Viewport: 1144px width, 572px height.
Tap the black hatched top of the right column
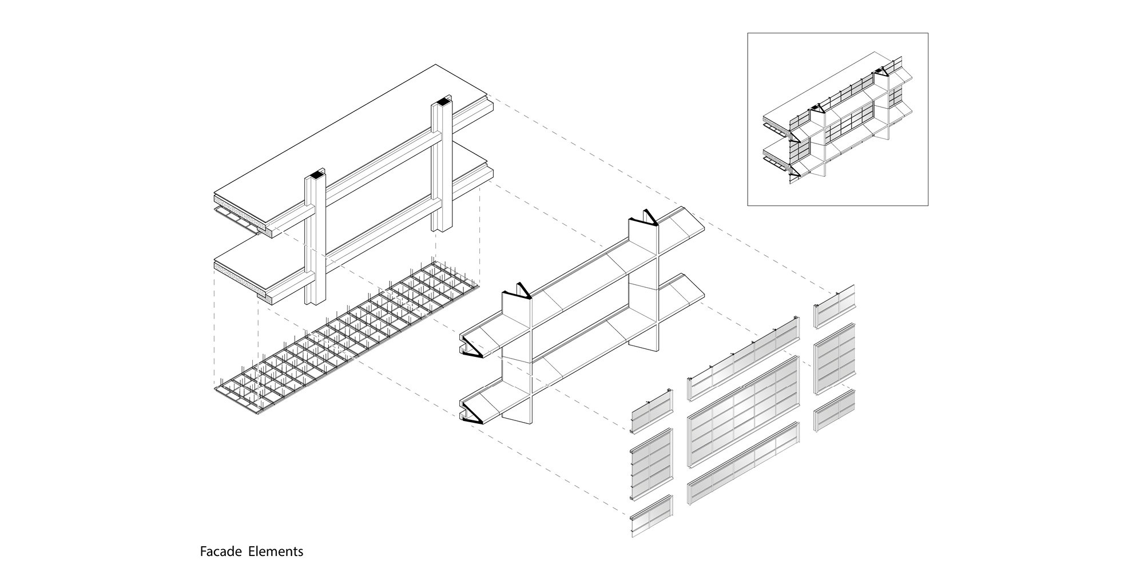(x=442, y=102)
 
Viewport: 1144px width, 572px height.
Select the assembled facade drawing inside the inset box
(x=837, y=120)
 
